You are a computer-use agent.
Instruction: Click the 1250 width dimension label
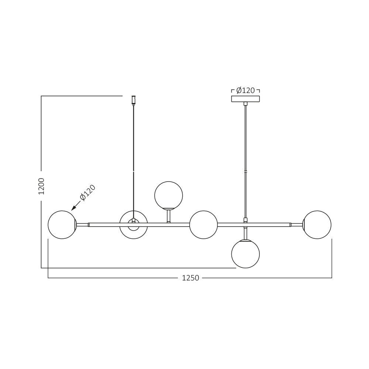tap(190, 278)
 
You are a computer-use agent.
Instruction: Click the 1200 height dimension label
tap(41, 186)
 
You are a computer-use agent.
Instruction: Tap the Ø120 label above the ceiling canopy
tap(245, 90)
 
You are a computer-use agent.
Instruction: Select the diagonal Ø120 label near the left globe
tap(88, 192)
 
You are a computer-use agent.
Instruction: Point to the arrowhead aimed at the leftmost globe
tap(73, 208)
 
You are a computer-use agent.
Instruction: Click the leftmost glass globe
tap(62, 225)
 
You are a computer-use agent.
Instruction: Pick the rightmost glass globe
tap(317, 225)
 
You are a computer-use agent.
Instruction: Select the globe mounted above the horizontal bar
tap(169, 195)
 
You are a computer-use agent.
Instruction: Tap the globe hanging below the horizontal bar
tap(245, 254)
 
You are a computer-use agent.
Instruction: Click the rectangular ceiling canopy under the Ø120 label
tap(245, 99)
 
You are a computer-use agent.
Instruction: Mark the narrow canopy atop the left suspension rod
tap(134, 100)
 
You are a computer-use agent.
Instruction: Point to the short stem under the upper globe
tap(169, 216)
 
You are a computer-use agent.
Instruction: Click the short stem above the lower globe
tap(245, 234)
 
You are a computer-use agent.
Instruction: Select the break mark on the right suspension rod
tap(245, 172)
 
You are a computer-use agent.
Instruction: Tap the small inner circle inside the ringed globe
tap(134, 225)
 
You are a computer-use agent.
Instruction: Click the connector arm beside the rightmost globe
tap(297, 225)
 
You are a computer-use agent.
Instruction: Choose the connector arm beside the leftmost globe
tap(82, 225)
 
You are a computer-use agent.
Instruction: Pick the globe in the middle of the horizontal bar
tap(204, 225)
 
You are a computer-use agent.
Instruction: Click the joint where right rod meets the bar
tap(245, 220)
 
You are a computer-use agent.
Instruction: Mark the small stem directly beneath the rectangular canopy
tap(245, 104)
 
